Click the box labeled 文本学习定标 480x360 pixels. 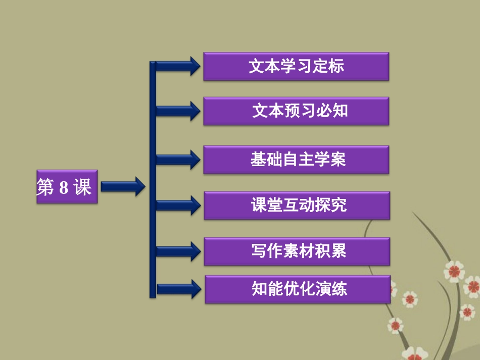click(x=296, y=66)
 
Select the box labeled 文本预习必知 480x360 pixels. click(x=296, y=111)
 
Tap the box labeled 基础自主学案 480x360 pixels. click(x=296, y=160)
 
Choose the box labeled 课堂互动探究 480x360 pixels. click(x=297, y=205)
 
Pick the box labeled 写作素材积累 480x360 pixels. click(x=297, y=251)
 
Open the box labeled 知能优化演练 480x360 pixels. click(x=297, y=289)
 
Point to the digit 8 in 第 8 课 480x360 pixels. click(x=64, y=188)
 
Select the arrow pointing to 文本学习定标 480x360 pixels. click(x=177, y=66)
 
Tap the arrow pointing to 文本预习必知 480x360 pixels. click(x=177, y=111)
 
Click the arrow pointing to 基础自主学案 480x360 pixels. click(x=177, y=160)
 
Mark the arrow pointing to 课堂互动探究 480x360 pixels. click(x=177, y=205)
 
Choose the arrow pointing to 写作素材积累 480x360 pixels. click(x=177, y=251)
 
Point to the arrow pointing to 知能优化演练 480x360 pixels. click(x=177, y=289)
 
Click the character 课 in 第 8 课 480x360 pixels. click(x=82, y=188)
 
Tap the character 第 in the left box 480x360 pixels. click(x=45, y=188)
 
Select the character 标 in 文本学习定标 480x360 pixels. click(x=337, y=66)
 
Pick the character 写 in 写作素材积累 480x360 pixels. click(x=258, y=251)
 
